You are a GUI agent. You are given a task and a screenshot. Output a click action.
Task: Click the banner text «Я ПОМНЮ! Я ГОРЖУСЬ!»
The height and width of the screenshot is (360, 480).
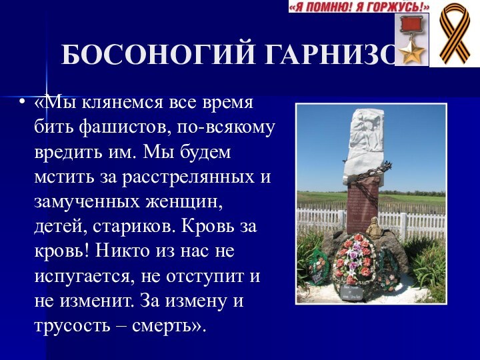point(359,7)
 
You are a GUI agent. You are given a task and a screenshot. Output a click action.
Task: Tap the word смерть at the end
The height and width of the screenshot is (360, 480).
point(175,325)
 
